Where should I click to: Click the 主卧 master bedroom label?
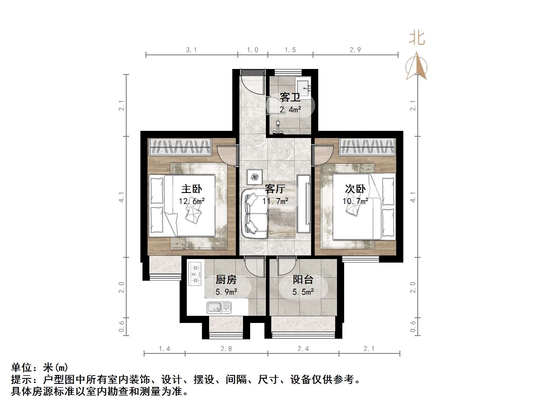[192, 189]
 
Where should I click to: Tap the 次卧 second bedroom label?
[355, 189]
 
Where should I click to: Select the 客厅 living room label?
[275, 189]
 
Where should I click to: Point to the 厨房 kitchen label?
[226, 280]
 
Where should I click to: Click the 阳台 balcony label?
[303, 280]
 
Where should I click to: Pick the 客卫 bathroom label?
[290, 97]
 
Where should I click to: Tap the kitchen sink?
[219, 307]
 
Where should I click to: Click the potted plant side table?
[255, 177]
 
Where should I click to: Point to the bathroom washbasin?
[304, 84]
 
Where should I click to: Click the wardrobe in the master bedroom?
[180, 147]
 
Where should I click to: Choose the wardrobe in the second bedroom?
[368, 147]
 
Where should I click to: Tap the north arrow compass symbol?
[416, 67]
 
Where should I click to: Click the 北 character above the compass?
[417, 38]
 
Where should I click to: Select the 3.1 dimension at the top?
[192, 50]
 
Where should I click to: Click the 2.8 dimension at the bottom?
[226, 349]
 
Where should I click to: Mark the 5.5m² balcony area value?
[303, 292]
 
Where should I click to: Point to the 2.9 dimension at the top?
[355, 50]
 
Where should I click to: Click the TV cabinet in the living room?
[304, 204]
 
